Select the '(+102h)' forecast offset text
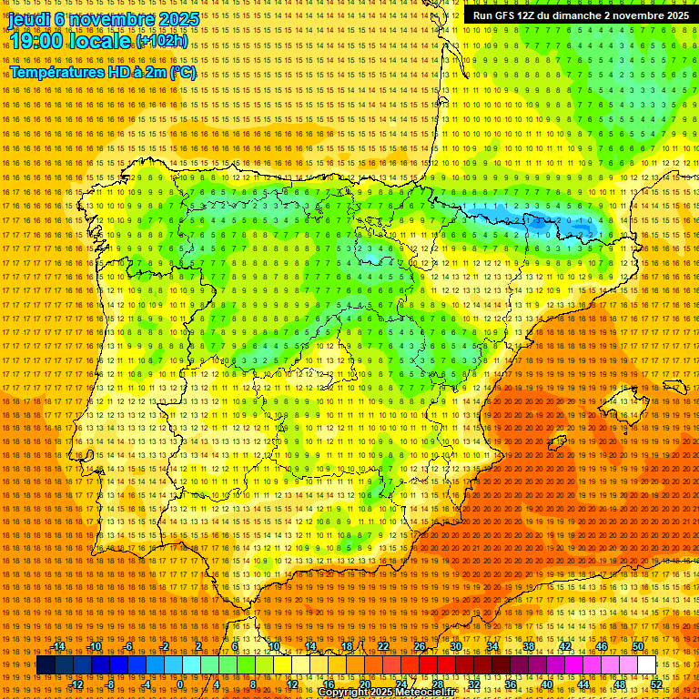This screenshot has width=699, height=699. tap(162, 41)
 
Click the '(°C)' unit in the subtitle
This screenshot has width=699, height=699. tap(183, 72)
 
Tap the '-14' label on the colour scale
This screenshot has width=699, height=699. tap(59, 647)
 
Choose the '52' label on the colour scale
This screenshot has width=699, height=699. tap(656, 684)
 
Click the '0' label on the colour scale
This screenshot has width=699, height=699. tap(180, 684)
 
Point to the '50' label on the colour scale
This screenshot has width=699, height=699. tap(638, 647)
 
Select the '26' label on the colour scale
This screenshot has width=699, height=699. tap(420, 647)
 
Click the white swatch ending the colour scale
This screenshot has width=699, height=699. tap(647, 665)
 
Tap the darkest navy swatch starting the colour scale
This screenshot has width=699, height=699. tap(46, 665)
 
